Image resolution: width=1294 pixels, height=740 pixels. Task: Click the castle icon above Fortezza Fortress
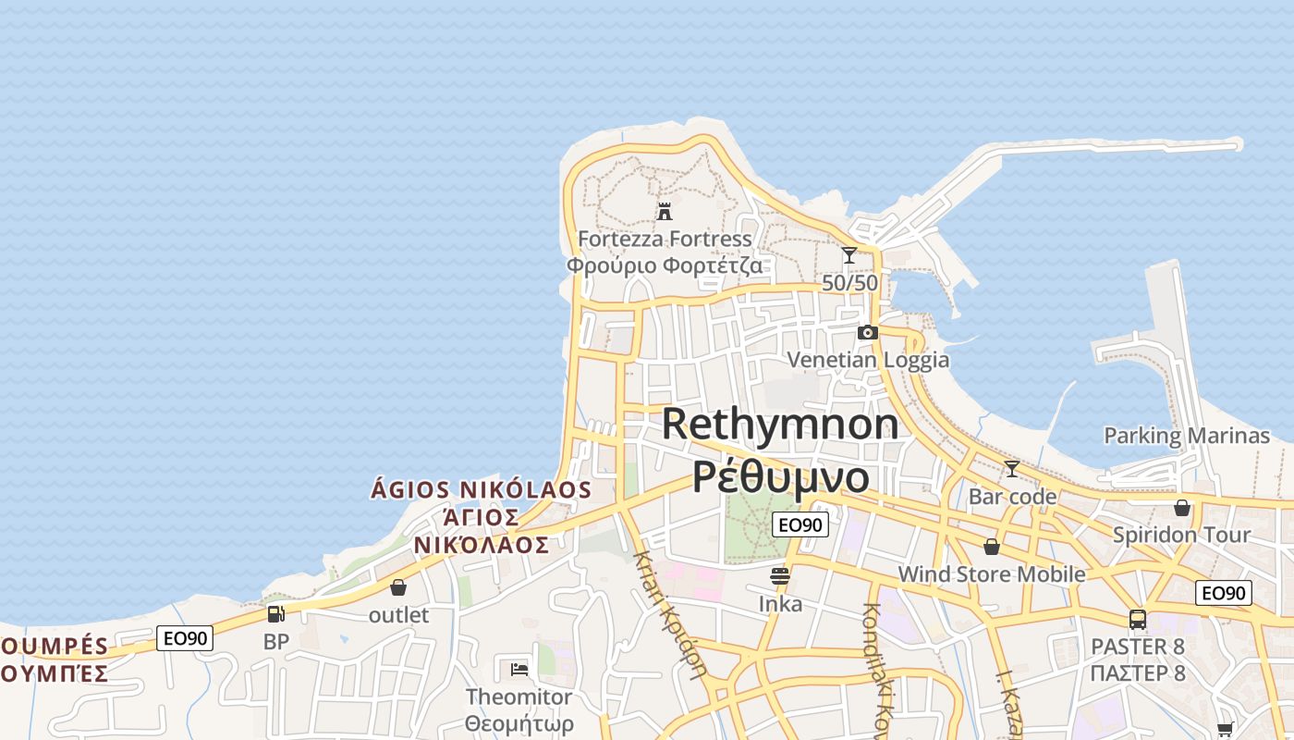click(664, 212)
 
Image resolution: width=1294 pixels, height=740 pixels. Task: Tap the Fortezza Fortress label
click(665, 239)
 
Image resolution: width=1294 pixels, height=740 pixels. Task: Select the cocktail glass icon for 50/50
click(849, 255)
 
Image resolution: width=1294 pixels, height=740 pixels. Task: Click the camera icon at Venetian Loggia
click(867, 333)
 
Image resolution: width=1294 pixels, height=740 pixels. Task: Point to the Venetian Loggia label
click(868, 359)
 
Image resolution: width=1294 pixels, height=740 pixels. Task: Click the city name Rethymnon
click(780, 424)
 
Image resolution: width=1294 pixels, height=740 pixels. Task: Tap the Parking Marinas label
click(1187, 435)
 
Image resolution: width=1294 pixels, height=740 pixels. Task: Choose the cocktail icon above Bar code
click(1012, 469)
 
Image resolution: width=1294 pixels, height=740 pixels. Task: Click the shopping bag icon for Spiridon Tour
click(1181, 508)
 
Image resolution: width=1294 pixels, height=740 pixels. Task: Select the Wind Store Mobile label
click(992, 573)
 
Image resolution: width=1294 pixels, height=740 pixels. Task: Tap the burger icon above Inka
click(780, 577)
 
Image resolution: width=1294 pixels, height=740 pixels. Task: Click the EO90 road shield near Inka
click(800, 524)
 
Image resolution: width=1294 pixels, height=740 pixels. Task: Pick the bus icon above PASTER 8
click(1138, 620)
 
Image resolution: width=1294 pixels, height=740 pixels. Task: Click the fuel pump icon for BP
click(275, 613)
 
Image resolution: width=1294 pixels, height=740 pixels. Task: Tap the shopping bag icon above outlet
click(398, 587)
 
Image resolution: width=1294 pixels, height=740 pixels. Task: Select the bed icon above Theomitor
click(519, 669)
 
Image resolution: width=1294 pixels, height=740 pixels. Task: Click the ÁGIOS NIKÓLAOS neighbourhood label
click(481, 489)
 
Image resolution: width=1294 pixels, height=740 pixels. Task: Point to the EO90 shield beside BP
click(185, 637)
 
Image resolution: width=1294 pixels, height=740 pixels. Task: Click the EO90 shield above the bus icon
click(1223, 593)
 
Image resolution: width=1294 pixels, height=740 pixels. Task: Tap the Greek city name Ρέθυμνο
click(781, 476)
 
